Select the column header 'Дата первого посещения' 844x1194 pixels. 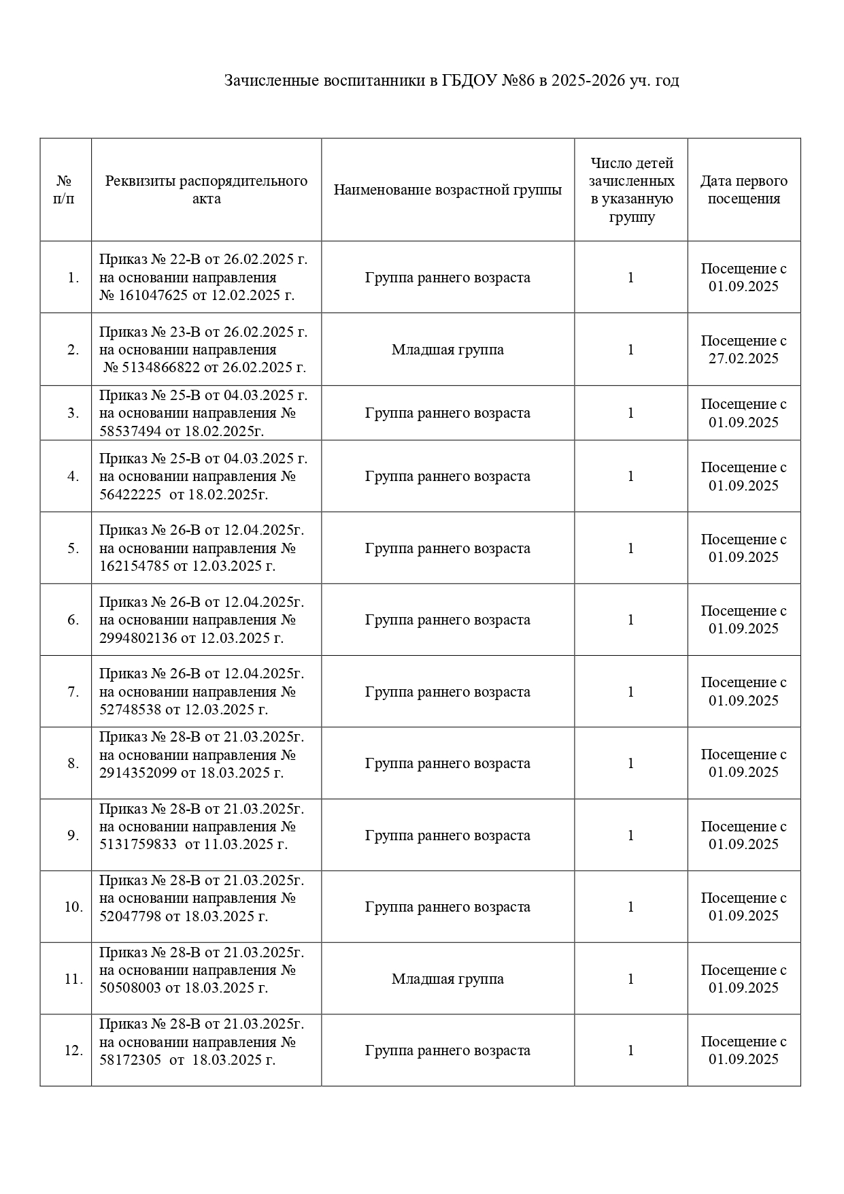743,190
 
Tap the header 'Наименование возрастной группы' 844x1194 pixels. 448,190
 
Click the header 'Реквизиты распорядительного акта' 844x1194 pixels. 206,190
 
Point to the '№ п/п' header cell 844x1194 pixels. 65,190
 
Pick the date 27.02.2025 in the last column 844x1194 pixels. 743,359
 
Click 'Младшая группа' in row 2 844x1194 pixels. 448,350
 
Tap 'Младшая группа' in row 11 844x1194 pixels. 448,979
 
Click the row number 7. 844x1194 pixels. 73,692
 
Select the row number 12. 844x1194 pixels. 73,1050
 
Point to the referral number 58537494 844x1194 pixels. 129,431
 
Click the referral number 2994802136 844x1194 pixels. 137,638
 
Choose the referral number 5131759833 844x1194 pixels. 137,844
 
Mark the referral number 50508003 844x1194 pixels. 129,988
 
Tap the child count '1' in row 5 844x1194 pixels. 630,548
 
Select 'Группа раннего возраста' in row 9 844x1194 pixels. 448,835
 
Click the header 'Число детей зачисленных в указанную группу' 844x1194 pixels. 631,190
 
